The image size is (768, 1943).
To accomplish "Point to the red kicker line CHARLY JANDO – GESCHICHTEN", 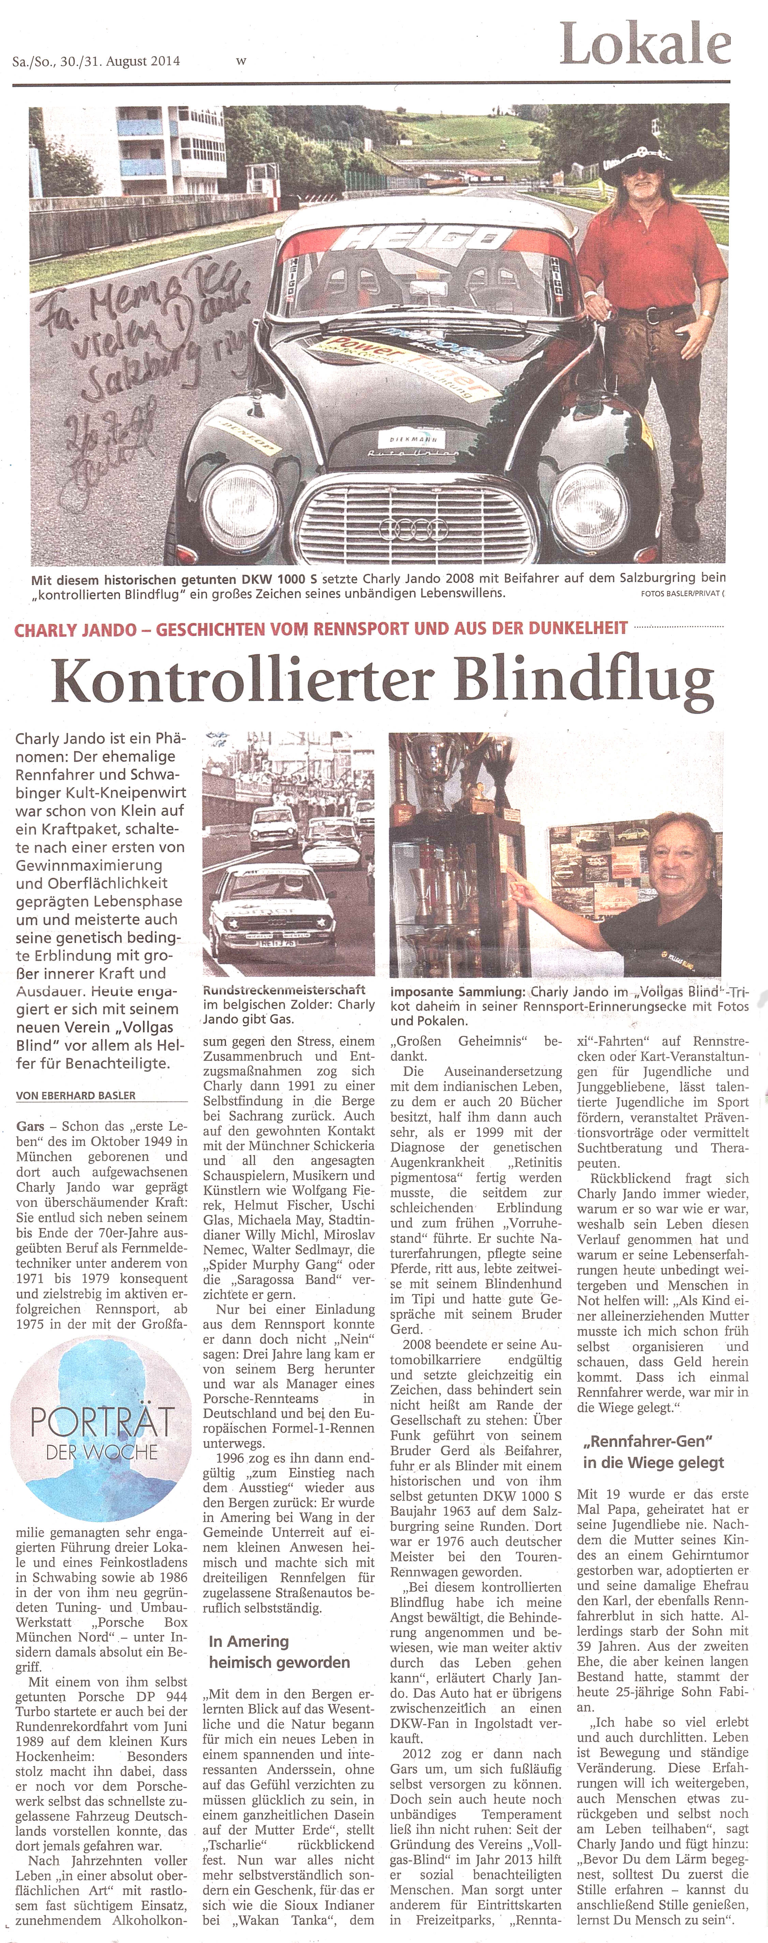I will [321, 628].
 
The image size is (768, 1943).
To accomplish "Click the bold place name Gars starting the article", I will [30, 1126].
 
